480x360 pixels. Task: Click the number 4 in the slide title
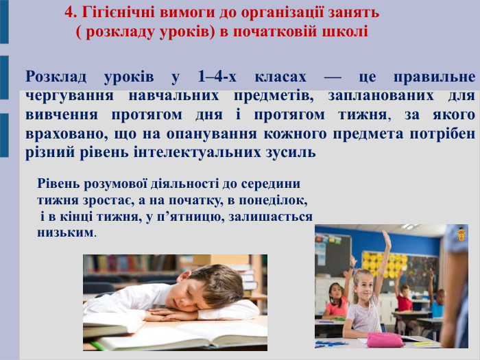(68, 12)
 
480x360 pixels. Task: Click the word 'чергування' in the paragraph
(64, 95)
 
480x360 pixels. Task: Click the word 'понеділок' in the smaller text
(273, 201)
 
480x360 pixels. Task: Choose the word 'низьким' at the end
(64, 232)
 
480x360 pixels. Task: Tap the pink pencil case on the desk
(385, 339)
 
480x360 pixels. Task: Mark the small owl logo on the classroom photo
(461, 234)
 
